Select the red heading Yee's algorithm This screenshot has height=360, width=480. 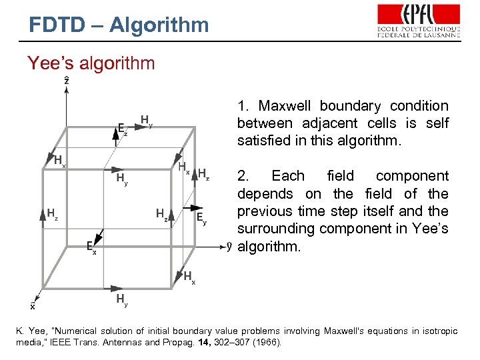click(91, 63)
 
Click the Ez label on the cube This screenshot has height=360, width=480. click(122, 129)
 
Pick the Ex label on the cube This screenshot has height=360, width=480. click(92, 248)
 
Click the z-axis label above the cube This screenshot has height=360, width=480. click(66, 81)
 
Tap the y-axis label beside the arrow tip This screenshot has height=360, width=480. click(229, 246)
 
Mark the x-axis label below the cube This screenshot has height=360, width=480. click(33, 306)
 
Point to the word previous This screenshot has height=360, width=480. click(265, 211)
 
